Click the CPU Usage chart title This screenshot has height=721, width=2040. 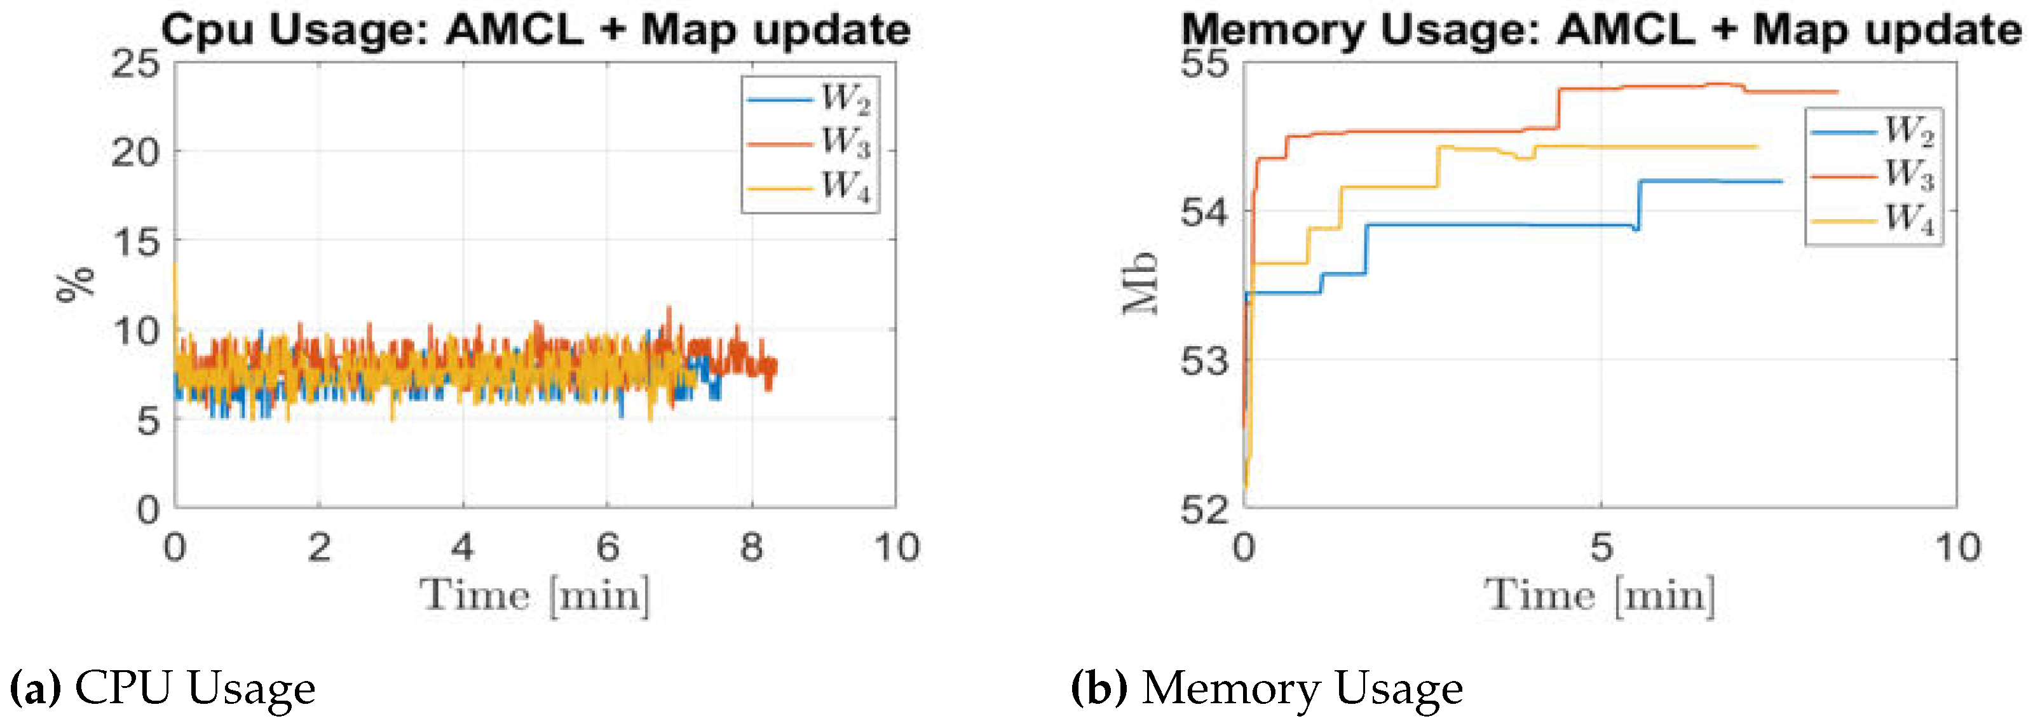[535, 30]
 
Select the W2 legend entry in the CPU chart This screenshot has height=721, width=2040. [810, 99]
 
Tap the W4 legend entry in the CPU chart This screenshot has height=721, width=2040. [810, 187]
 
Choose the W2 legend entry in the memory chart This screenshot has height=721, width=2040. [1872, 131]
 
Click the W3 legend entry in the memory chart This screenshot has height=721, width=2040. [1872, 175]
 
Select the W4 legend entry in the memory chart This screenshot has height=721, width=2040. [1872, 219]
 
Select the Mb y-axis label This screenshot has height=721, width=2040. [1140, 283]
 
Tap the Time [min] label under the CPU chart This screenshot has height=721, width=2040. [535, 595]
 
